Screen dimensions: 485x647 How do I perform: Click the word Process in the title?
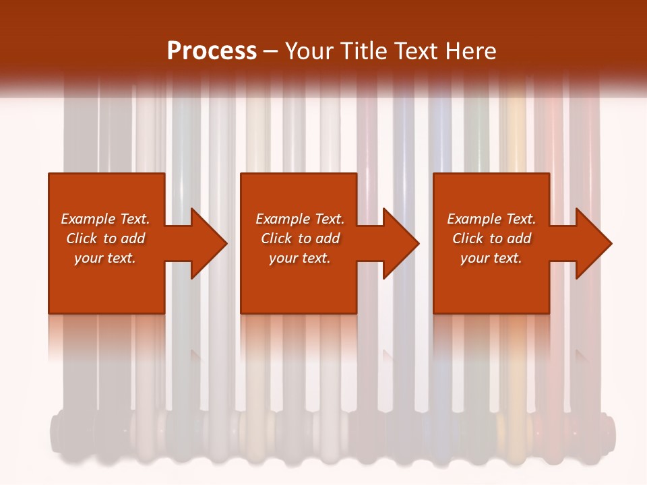point(212,51)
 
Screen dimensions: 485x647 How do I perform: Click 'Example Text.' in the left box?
point(105,219)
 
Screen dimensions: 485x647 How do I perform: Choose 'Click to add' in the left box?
point(105,238)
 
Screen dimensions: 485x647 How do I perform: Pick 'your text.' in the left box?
point(105,258)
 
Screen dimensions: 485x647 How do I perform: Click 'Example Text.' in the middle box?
point(300,219)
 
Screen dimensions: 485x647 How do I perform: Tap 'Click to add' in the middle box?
point(300,238)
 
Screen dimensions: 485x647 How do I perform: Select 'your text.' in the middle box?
point(300,258)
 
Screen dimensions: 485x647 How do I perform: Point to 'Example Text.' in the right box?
point(491,219)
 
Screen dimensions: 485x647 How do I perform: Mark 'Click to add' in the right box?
point(491,238)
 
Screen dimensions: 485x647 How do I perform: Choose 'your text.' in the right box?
point(491,258)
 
